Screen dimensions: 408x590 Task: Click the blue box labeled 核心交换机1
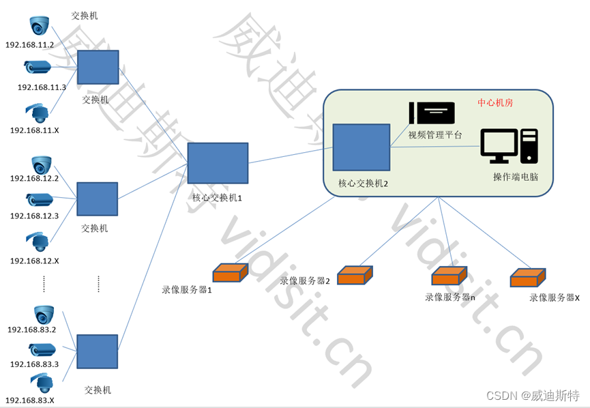pos(218,163)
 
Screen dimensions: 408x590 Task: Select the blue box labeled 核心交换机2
pos(362,147)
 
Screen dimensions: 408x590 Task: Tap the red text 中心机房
pos(495,103)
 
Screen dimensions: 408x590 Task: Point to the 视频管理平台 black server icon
pos(431,112)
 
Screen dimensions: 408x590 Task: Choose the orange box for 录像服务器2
pos(355,275)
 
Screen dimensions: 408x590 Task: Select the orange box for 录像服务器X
pos(529,277)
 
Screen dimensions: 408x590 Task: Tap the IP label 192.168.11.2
pos(29,45)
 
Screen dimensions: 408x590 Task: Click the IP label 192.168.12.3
pos(33,216)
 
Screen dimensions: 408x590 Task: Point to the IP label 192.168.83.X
pos(30,400)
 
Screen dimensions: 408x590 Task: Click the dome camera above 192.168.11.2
pos(40,26)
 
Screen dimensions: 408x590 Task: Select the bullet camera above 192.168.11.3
pos(38,67)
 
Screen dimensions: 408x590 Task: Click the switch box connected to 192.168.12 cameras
pos(98,199)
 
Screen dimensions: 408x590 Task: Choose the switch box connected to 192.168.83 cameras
pos(97,352)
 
